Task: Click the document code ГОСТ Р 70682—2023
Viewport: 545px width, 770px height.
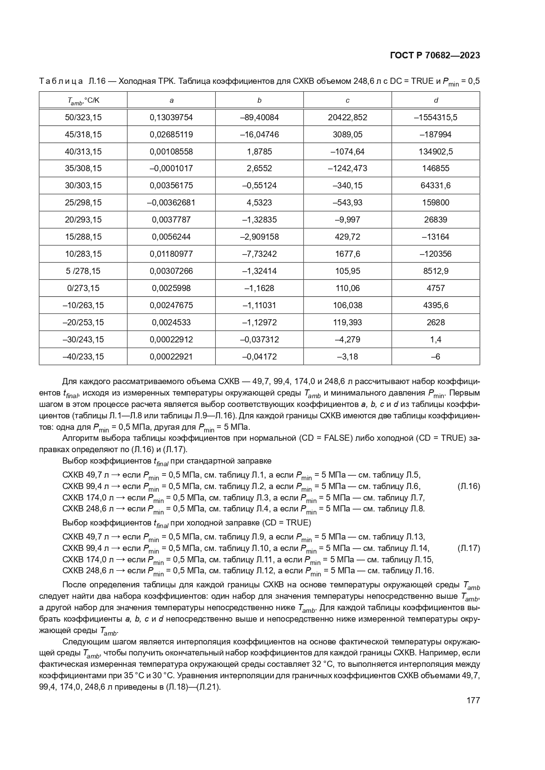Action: pos(434,55)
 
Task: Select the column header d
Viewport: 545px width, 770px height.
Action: pos(435,100)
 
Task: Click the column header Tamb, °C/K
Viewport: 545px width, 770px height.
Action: pos(83,101)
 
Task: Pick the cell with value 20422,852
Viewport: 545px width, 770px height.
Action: pos(347,117)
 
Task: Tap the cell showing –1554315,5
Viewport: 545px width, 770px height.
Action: pos(435,117)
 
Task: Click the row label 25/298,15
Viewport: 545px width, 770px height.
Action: pos(83,202)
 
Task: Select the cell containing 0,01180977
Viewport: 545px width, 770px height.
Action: pos(171,254)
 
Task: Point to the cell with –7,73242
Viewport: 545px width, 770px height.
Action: pos(259,254)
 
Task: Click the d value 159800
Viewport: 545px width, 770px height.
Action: pos(435,202)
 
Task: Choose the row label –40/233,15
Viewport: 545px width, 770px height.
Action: pos(83,356)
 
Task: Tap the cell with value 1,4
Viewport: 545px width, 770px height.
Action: pos(435,339)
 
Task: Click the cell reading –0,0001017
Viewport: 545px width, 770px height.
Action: pos(171,168)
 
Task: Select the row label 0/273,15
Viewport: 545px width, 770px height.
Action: pos(83,288)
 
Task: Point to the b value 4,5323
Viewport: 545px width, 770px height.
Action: pos(259,202)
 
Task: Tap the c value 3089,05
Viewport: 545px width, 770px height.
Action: pos(347,134)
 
